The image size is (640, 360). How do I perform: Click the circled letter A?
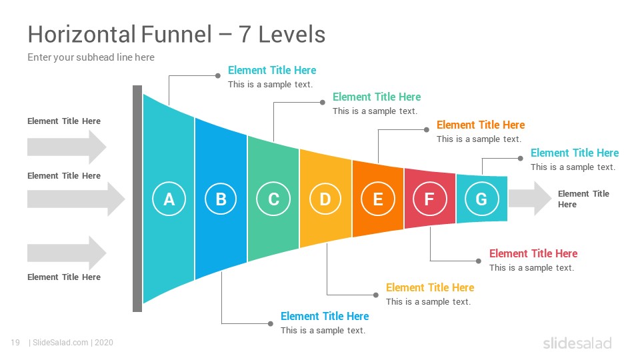point(169,199)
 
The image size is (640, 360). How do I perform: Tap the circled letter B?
point(221,199)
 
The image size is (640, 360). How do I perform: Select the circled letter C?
point(273,199)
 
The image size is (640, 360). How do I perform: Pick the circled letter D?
point(325,199)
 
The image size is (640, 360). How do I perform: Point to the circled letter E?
point(378,199)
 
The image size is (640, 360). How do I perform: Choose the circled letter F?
point(429,199)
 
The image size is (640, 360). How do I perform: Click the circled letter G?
point(481,199)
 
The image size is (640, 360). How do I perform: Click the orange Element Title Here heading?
point(481,125)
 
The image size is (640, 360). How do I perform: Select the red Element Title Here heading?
point(533,253)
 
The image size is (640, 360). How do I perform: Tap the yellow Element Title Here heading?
point(430,288)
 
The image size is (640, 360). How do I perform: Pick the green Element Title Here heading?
point(376,97)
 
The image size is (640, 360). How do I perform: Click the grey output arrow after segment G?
point(530,199)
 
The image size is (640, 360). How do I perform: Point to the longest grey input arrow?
point(76,199)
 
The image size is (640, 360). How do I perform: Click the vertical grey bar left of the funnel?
point(137,199)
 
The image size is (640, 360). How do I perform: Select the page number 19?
point(15,343)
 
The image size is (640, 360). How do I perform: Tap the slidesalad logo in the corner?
point(577,343)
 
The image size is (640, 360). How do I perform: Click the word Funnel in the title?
point(176,34)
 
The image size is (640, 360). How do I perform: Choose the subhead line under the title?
point(91,57)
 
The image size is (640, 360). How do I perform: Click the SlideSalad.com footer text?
point(60,343)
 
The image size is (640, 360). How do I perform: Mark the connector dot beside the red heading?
point(479,261)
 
